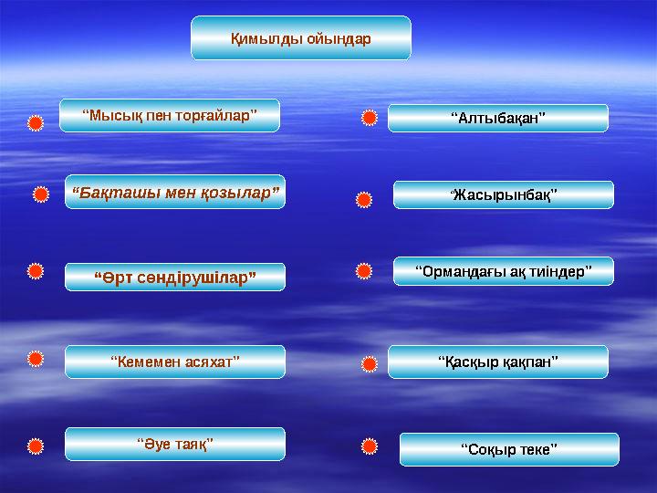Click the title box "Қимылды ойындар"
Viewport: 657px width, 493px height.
tap(300, 38)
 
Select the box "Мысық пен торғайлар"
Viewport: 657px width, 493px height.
tap(169, 116)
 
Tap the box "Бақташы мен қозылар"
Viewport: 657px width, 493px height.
tap(174, 193)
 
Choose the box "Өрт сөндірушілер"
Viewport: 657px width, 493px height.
tap(174, 277)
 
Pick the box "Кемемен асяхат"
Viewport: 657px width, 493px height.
tap(174, 362)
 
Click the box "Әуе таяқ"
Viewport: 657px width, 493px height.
tap(174, 444)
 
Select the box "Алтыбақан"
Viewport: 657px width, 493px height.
tap(497, 118)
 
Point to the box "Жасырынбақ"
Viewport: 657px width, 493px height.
tap(503, 194)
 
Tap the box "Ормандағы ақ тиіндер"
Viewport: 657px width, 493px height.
tap(503, 271)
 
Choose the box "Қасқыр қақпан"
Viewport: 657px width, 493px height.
tap(497, 362)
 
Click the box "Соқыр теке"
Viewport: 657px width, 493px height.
tap(508, 449)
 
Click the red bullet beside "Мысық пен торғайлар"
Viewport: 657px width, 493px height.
tap(34, 122)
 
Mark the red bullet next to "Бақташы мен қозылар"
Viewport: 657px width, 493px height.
tap(40, 194)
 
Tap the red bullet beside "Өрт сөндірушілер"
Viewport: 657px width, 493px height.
tap(34, 271)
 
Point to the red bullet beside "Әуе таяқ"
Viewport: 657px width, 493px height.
tap(34, 446)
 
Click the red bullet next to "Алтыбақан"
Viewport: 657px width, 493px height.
tap(369, 118)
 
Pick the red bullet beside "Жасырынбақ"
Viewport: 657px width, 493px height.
tap(363, 197)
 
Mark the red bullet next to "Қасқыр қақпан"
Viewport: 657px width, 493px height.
tap(369, 364)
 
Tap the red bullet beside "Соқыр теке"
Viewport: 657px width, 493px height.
tap(369, 446)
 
